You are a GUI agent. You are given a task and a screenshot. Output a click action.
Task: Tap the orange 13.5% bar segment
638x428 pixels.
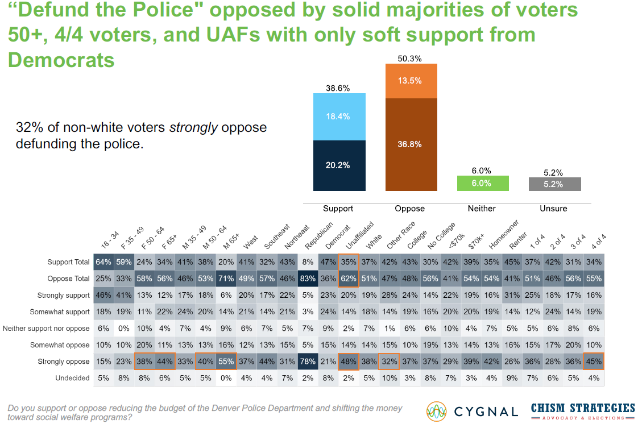tap(411, 81)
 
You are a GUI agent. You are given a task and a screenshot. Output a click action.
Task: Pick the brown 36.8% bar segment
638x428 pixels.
tap(411, 144)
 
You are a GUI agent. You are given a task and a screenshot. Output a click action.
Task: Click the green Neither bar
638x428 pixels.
tap(482, 183)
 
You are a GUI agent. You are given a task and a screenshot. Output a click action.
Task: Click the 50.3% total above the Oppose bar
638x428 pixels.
tap(411, 59)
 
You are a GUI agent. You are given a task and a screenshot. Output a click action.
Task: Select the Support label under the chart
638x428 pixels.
tap(338, 209)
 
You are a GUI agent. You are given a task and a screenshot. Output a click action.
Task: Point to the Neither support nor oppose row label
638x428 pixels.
tap(47, 329)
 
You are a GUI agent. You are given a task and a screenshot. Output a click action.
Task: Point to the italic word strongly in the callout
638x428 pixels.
tap(194, 128)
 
